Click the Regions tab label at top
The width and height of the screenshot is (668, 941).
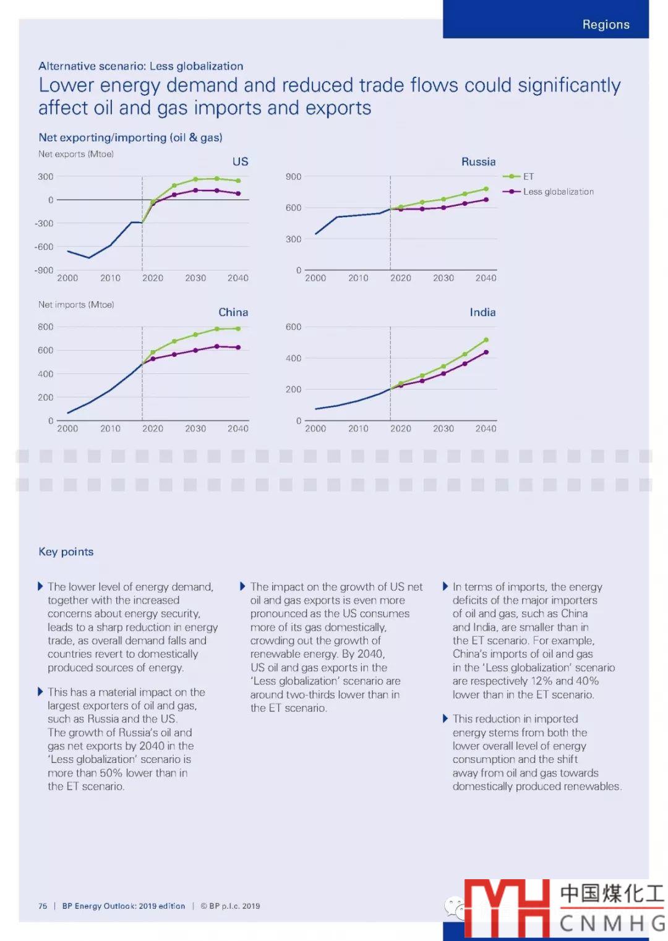606,25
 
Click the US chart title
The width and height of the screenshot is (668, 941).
240,161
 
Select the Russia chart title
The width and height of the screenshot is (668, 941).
478,161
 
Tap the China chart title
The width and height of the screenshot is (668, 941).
233,312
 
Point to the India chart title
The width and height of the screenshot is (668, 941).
482,312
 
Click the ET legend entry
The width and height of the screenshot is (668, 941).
528,177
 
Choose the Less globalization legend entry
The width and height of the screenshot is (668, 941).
558,192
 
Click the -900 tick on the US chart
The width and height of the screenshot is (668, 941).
44,270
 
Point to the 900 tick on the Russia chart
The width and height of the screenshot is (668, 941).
293,177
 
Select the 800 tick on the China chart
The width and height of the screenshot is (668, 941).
45,327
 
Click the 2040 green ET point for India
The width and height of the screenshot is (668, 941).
486,340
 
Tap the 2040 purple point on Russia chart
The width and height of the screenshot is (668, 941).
486,200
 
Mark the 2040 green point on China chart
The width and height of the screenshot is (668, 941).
238,329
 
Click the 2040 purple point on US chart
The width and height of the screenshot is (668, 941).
238,194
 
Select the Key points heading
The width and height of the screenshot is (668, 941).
66,551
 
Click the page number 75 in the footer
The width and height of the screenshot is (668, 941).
43,906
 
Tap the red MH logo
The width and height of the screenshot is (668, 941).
507,907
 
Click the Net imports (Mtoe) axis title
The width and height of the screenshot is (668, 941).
76,305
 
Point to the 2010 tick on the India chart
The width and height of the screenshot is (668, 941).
358,428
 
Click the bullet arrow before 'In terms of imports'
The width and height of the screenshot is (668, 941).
445,586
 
